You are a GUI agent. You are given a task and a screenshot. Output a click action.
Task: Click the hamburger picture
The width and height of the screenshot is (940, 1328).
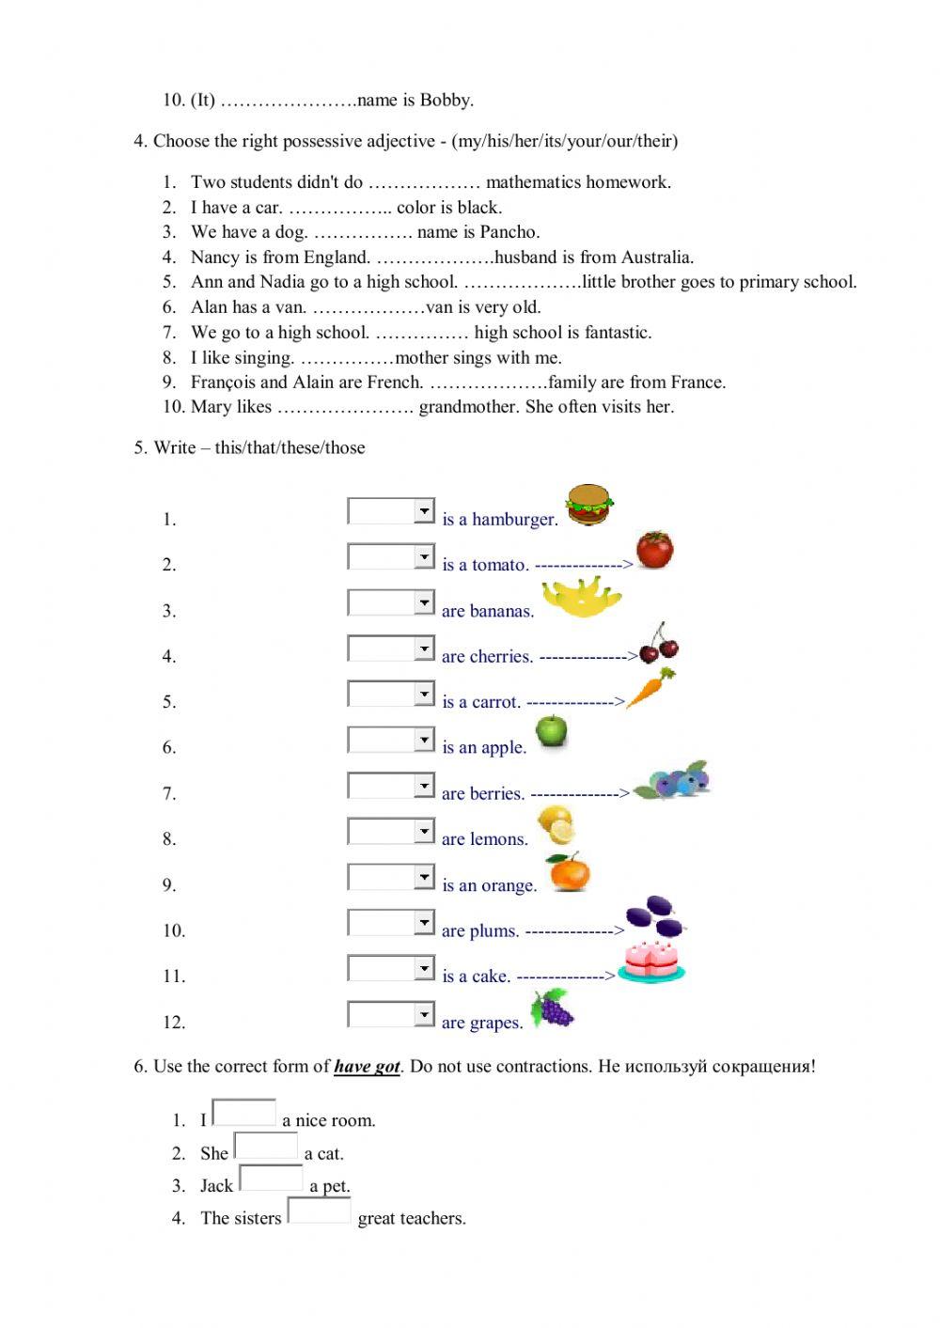[x=589, y=505]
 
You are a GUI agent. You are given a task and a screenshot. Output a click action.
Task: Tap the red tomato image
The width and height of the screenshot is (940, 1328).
[x=654, y=550]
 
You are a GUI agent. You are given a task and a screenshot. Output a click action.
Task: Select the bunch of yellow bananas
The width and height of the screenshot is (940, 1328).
[x=582, y=598]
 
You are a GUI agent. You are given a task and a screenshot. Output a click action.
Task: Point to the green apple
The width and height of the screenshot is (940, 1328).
[x=551, y=730]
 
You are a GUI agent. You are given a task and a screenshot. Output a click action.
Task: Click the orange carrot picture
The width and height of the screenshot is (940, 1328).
[x=650, y=688]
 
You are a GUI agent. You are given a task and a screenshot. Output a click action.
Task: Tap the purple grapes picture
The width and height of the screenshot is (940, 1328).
[x=552, y=1008]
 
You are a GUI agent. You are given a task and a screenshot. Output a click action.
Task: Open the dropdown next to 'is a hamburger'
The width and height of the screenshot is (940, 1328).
[x=424, y=511]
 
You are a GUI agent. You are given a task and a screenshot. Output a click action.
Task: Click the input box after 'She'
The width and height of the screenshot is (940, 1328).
[x=266, y=1146]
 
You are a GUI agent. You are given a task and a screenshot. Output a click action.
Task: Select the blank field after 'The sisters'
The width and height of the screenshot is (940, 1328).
[x=319, y=1211]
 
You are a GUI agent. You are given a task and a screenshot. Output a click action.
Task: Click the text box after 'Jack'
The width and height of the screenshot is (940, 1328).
[x=271, y=1178]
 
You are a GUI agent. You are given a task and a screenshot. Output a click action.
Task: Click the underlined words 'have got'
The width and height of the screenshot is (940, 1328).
[x=367, y=1067]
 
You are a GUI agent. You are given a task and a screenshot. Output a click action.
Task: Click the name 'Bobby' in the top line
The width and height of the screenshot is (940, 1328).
[x=446, y=100]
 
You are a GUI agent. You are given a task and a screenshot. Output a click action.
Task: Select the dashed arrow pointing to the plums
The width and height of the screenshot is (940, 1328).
[x=574, y=931]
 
